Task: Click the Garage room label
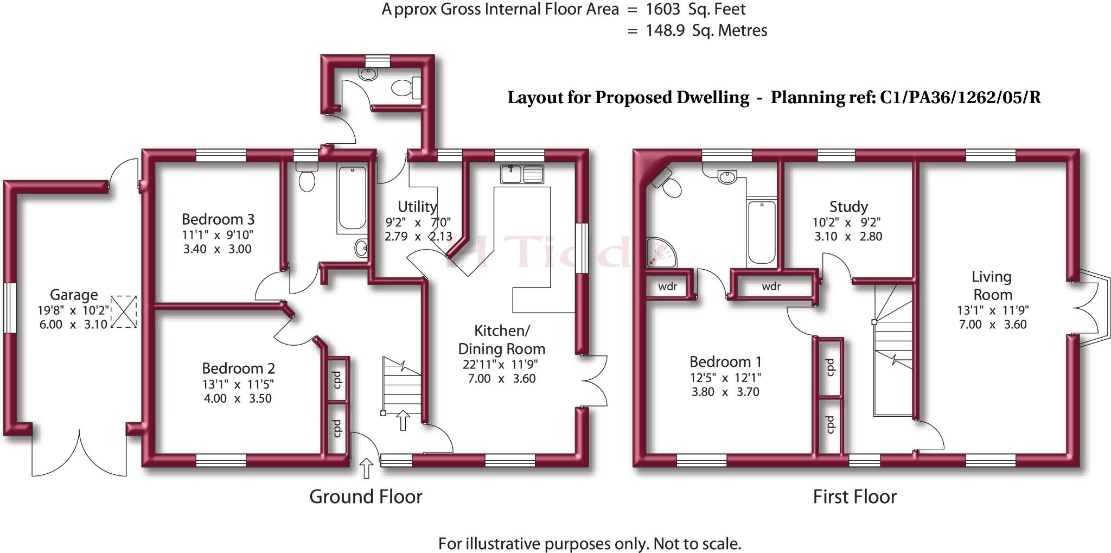tap(74, 295)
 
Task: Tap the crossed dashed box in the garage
tap(124, 312)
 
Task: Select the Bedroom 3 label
tap(218, 219)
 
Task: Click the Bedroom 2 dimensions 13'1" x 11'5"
tap(238, 384)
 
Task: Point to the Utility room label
tap(417, 207)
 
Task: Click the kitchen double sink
tap(522, 174)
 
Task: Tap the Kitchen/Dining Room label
tap(501, 339)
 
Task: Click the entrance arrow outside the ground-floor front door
tap(367, 468)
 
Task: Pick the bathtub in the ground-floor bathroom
tap(352, 198)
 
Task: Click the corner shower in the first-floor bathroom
tap(660, 253)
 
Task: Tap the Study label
tap(848, 207)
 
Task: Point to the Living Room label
tap(992, 285)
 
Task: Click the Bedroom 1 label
tap(725, 361)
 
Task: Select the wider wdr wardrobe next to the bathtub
tap(771, 287)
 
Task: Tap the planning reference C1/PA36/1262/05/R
tap(960, 98)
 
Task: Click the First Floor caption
tap(854, 497)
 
